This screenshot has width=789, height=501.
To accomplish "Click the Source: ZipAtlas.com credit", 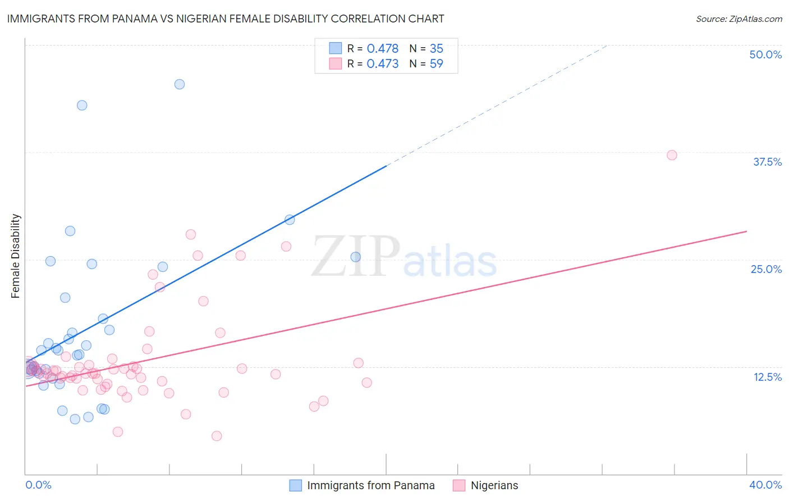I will point(738,19).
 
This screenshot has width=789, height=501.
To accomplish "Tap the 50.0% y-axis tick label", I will point(765,54).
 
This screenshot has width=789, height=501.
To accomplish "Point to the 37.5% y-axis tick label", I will point(767,162).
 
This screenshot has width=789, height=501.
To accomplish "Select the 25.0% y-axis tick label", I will point(766,269).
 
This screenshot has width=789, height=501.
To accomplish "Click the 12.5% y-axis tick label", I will point(767,377).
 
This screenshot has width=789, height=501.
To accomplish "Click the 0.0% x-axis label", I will point(38,485).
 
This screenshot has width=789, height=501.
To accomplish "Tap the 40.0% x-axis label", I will point(765,485).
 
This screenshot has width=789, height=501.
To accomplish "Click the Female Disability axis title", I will point(16,256).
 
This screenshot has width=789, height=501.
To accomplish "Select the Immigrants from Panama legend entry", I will point(370,485).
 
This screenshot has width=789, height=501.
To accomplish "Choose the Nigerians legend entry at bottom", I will point(494,485).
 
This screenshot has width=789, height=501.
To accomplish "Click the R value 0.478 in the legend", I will point(383,49).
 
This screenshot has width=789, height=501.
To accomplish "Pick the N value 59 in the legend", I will point(436,64).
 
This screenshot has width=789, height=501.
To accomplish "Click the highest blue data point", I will point(180,84).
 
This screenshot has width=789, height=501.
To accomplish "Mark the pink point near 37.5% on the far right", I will point(672,155).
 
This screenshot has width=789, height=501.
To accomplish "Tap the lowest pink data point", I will point(217,436).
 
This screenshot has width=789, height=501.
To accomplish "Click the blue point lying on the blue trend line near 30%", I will point(290,220).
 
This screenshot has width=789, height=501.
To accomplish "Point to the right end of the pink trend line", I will point(746,231).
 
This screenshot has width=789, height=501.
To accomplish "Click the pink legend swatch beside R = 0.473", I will point(336,63).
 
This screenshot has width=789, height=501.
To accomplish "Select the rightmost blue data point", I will point(356,257).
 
